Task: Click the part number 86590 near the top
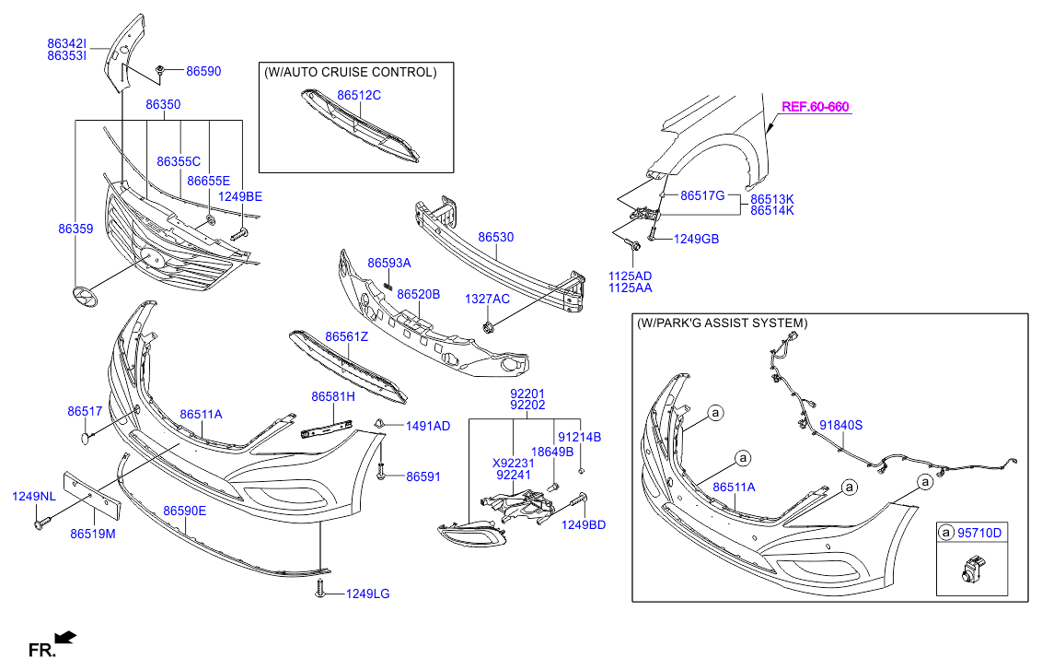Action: click(203, 71)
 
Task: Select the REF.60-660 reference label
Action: click(815, 107)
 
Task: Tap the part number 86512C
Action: click(358, 95)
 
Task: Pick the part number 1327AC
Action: click(486, 299)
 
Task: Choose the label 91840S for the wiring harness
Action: click(840, 425)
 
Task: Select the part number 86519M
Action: click(92, 534)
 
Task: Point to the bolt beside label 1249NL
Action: click(41, 523)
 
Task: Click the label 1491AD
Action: click(428, 426)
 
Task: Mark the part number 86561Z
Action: click(346, 337)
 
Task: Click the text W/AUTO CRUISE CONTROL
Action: click(350, 72)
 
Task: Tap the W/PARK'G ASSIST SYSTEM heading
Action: click(722, 323)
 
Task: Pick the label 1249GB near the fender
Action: click(696, 240)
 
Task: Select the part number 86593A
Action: click(388, 263)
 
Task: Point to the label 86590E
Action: click(184, 511)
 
